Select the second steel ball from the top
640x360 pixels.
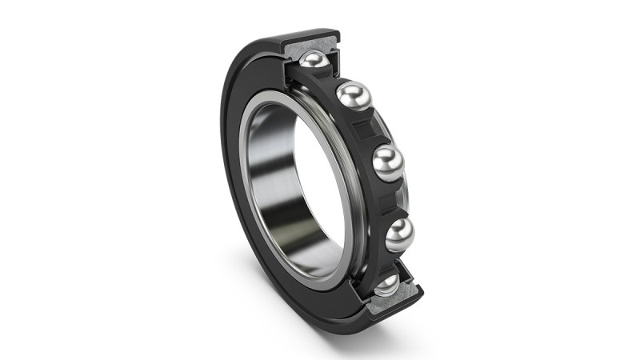tap(353, 97)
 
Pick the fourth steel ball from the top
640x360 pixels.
tap(399, 234)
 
